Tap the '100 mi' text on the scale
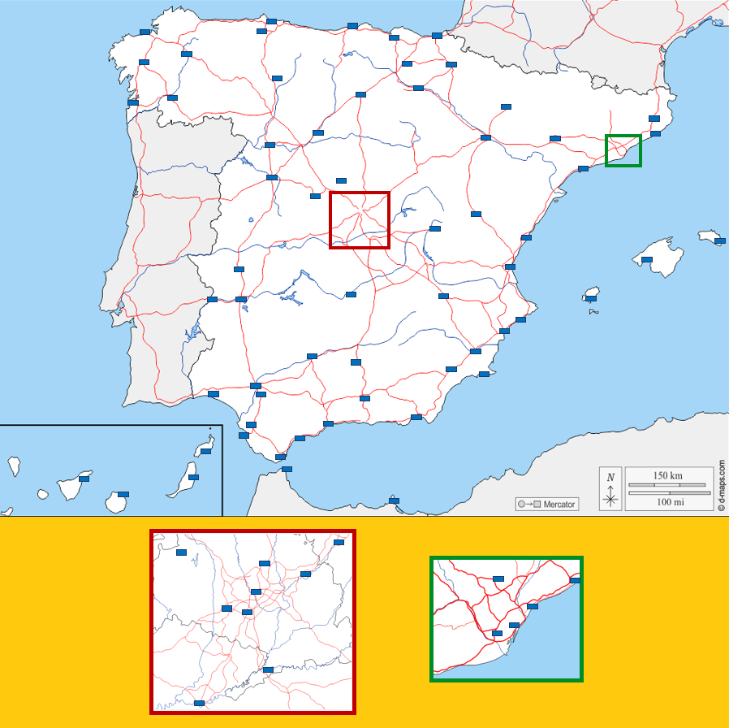tap(670, 502)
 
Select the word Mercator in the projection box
tap(559, 505)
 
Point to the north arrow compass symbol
tap(611, 491)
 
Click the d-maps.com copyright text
tap(721, 486)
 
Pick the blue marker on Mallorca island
tap(647, 260)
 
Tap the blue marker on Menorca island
tap(719, 241)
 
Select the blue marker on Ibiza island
tap(591, 299)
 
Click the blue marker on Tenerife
tap(84, 479)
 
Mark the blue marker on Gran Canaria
tap(123, 494)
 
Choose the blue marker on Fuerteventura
tap(193, 477)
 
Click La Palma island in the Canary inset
tap(13, 466)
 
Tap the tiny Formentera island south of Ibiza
tap(592, 312)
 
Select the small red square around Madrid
tap(360, 220)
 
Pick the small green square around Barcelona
tap(623, 151)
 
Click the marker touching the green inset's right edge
tap(576, 580)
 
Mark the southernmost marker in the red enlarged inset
tap(199, 703)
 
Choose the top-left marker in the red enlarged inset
tap(182, 552)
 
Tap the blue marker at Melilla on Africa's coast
tap(395, 500)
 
